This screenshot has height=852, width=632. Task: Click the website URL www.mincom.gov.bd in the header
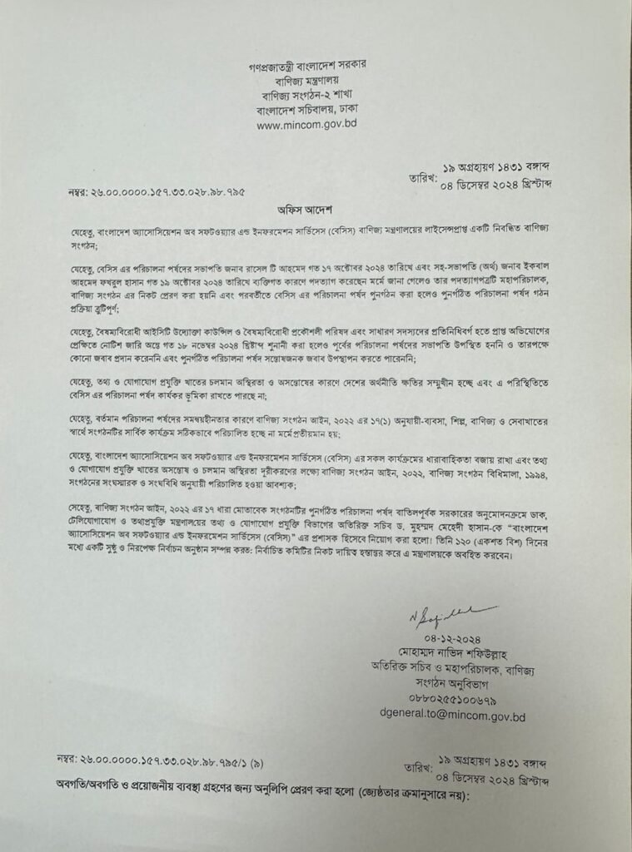pos(307,126)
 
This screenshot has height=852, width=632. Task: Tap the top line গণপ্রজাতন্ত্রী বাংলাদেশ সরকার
pos(308,63)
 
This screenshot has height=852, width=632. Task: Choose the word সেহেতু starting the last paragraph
pos(84,507)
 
